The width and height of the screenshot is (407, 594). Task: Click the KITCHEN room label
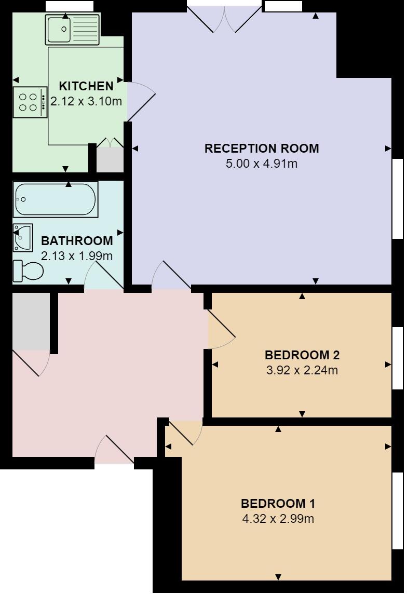click(86, 86)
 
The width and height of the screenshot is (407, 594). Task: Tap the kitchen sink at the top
click(72, 30)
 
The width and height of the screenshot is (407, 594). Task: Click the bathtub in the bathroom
click(56, 199)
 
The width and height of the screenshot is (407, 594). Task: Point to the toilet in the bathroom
click(29, 270)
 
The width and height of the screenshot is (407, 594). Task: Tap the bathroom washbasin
click(23, 238)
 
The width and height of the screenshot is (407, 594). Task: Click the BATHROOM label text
click(77, 241)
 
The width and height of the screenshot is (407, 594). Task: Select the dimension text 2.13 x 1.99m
click(77, 256)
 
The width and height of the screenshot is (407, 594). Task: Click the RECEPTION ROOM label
click(262, 148)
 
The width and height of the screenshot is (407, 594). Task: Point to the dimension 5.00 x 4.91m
click(262, 164)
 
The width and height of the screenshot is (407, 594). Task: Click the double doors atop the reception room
click(224, 19)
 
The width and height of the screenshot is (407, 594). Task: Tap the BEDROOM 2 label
click(302, 355)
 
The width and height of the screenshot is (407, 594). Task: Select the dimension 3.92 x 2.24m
click(302, 371)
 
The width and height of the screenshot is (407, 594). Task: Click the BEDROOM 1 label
click(278, 503)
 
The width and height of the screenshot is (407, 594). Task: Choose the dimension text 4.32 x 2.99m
click(278, 519)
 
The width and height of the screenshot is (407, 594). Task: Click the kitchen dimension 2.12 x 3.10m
click(86, 101)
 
